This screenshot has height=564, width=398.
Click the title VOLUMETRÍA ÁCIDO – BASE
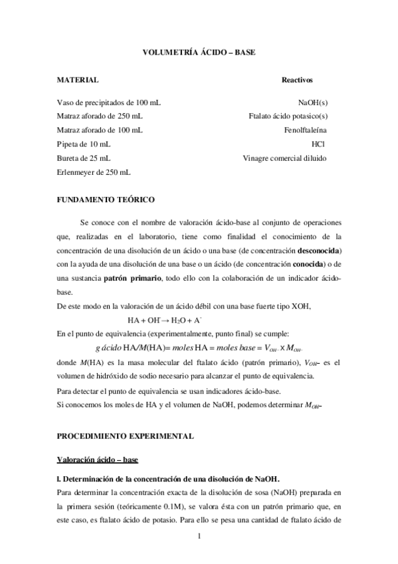199,51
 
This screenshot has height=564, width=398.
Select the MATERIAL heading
78,80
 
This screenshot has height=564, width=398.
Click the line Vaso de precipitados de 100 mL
108,103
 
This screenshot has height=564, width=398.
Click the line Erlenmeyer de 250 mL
94,172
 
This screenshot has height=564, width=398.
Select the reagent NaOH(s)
313,103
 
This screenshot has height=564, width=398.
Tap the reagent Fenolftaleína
304,130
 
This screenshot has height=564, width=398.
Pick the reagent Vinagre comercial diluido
284,158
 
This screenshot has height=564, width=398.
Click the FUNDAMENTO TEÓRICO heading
106,200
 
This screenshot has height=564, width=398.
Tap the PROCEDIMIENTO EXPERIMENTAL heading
125,436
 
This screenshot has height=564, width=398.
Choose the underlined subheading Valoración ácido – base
96,460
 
